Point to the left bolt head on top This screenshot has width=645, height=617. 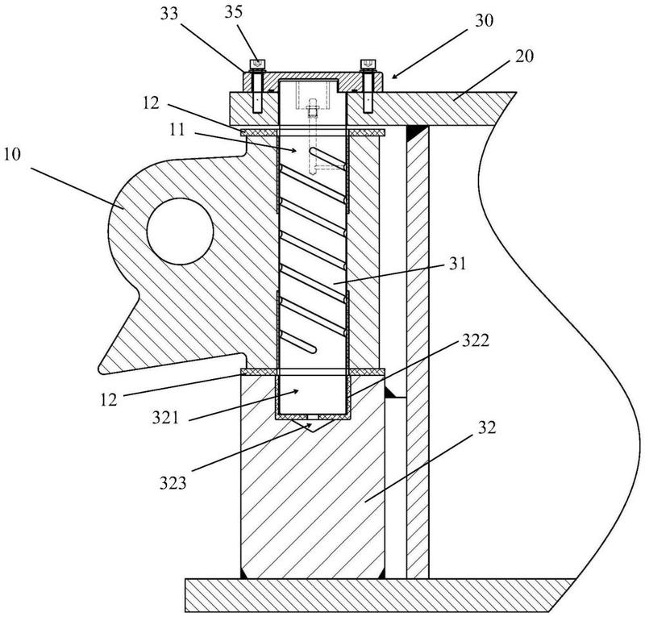(256, 65)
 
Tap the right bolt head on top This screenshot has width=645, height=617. (368, 65)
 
